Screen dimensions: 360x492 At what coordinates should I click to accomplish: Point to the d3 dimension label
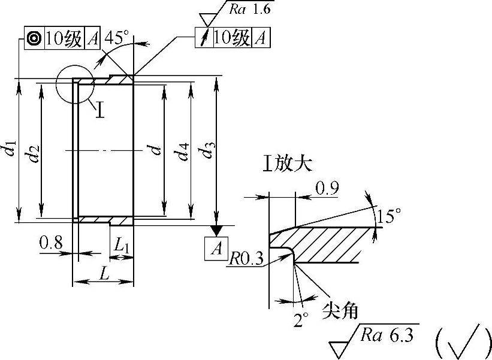tap(207, 149)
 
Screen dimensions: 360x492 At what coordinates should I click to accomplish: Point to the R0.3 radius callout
tap(248, 258)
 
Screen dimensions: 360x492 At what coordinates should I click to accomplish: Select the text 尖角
tap(340, 310)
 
